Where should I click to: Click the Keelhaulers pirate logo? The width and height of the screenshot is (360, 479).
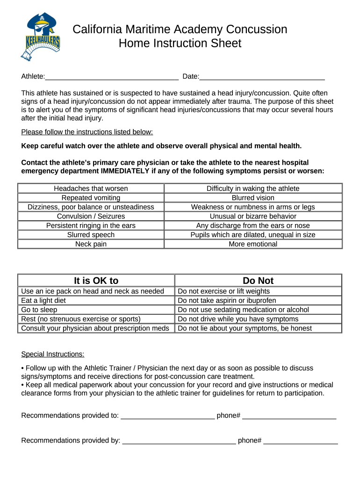[x=41, y=36]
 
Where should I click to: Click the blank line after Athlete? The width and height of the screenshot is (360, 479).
[x=112, y=77]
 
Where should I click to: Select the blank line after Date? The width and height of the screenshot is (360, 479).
[x=262, y=77]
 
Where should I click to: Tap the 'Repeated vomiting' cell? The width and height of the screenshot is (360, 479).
[x=91, y=198]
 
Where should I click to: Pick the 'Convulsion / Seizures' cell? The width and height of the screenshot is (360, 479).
[x=91, y=216]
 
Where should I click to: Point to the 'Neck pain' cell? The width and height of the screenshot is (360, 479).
[x=91, y=244]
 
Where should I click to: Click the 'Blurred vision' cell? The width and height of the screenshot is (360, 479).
[x=253, y=198]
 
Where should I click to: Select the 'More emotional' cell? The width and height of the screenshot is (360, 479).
[x=253, y=244]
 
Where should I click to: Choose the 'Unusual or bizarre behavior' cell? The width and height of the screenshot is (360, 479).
[x=253, y=216]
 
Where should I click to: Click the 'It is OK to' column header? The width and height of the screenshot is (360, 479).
[x=96, y=281]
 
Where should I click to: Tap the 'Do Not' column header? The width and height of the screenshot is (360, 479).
[x=258, y=281]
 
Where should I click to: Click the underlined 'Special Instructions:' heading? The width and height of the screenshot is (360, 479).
[x=53, y=354]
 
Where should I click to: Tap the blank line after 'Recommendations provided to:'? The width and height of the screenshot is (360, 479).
[x=167, y=416]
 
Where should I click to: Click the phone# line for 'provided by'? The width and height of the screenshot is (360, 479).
[x=300, y=441]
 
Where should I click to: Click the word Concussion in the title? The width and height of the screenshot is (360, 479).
[x=256, y=29]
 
